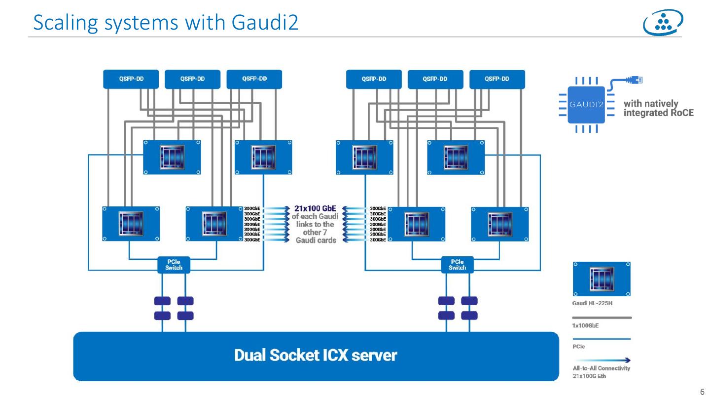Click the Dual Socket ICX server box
(316, 356)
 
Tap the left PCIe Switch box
(174, 265)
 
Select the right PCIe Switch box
(457, 265)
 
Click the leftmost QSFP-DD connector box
(131, 79)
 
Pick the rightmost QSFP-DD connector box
(497, 79)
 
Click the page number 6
(702, 392)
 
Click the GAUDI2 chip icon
(586, 105)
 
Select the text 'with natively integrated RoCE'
(658, 108)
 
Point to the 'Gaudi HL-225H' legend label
(592, 303)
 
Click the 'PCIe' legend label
(579, 347)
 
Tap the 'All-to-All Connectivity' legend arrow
(602, 360)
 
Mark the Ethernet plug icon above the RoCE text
(636, 80)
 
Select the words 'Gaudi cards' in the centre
(316, 240)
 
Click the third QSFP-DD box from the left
(254, 79)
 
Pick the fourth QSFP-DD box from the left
(374, 79)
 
